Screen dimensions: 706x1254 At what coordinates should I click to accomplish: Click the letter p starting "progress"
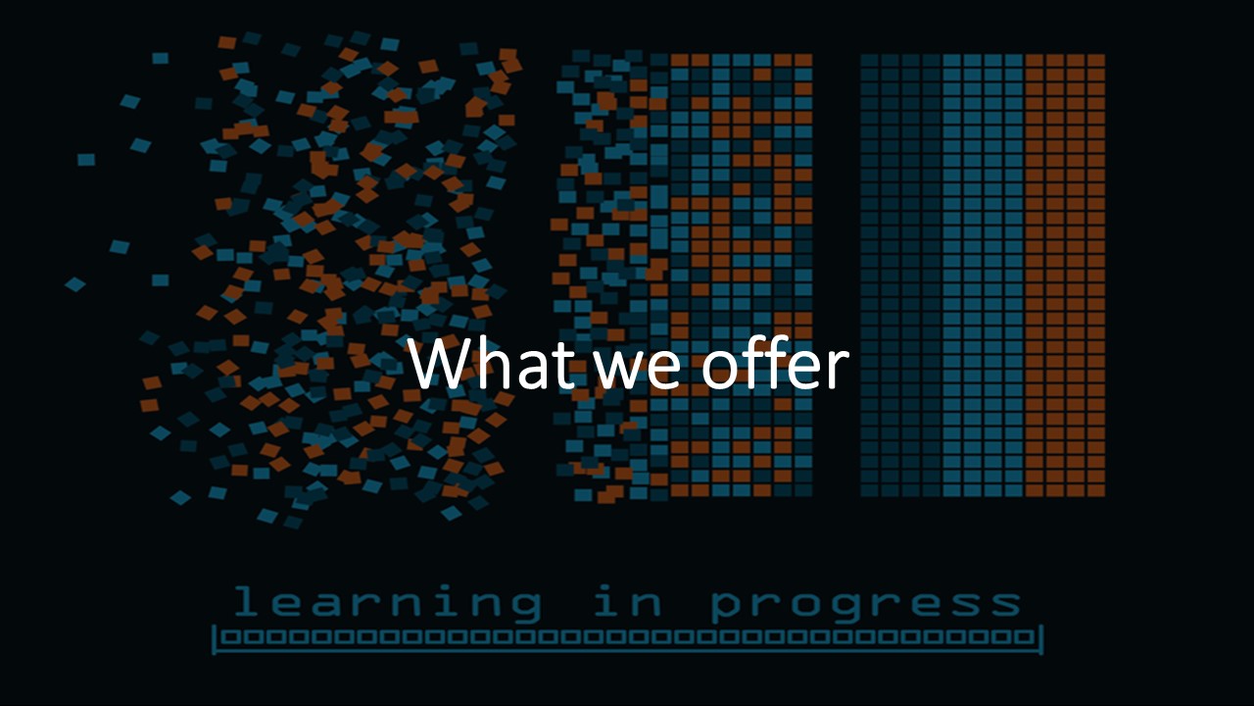click(729, 606)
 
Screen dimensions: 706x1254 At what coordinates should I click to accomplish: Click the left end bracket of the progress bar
click(215, 638)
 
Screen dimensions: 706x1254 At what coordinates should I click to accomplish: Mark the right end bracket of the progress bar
click(1040, 638)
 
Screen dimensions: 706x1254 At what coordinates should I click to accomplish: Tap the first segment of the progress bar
click(226, 637)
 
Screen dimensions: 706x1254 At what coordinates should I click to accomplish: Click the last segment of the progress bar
click(1025, 637)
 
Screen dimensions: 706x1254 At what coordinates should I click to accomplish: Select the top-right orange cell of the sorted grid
click(1096, 61)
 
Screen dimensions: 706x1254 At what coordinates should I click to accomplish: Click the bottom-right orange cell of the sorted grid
click(1096, 489)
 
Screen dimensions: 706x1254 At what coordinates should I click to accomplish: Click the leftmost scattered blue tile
click(74, 284)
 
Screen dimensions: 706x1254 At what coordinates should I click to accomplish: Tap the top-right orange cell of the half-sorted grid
click(803, 61)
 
